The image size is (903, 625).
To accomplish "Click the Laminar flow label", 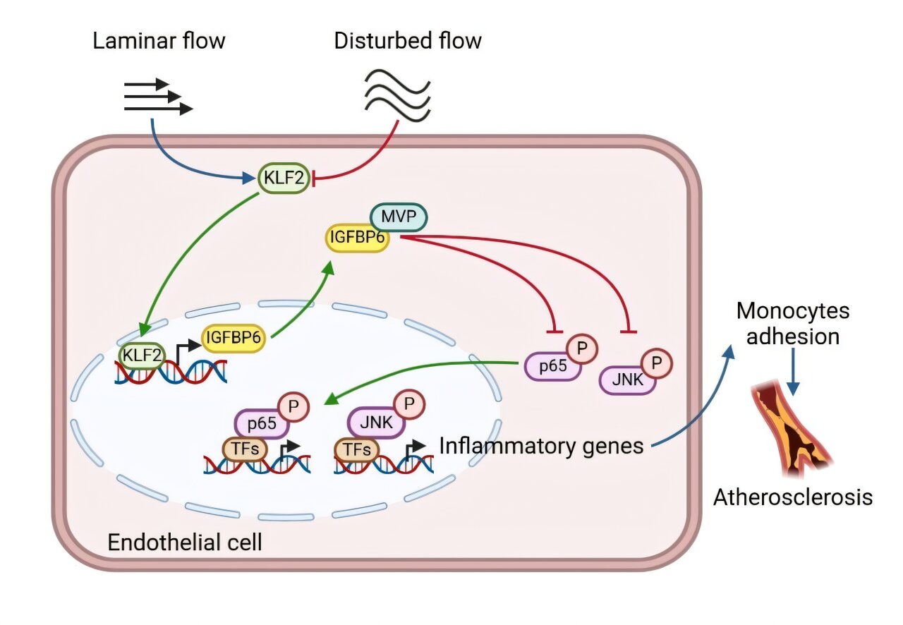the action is coord(159,41).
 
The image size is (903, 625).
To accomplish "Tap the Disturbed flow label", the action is coord(408,41).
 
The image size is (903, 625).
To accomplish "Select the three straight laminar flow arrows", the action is coord(158,97).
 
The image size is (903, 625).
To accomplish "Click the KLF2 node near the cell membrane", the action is coord(284,178).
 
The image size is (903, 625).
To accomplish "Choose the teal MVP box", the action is coord(399,217).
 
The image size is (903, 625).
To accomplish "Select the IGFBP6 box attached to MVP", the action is coord(357,238).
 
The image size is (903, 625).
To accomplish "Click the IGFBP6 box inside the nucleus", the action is coord(234,337).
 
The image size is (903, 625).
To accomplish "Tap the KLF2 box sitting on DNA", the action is coord(142,356).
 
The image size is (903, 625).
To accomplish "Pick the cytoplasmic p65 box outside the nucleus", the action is coord(552,366).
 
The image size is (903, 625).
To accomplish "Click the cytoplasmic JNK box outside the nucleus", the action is coord(627,380).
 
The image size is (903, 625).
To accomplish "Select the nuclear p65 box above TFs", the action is coord(262,423).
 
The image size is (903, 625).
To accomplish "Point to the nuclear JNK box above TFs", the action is coord(376,423).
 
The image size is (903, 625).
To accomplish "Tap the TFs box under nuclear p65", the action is coord(245,449).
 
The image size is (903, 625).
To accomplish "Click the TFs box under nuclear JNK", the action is coord(357,449).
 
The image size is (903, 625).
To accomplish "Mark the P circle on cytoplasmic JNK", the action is coord(657,363).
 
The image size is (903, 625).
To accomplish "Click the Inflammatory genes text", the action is coord(541,447).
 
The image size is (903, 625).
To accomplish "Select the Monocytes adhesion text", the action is coord(793,324).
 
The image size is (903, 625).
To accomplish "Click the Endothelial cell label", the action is coord(185,542).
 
